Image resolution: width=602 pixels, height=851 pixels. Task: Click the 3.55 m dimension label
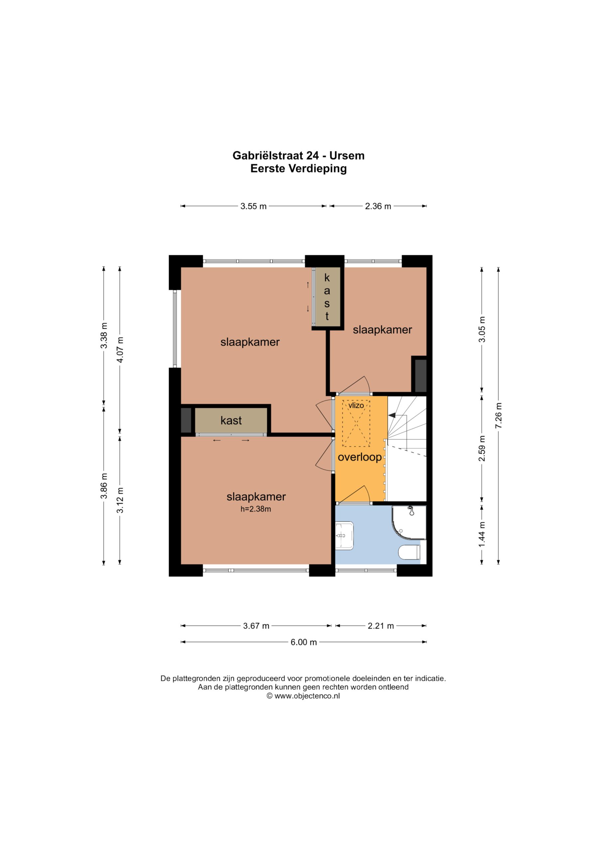tap(254, 206)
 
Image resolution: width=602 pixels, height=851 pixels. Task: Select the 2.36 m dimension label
tap(378, 206)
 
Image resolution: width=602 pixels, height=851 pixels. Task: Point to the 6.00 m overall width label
tap(303, 642)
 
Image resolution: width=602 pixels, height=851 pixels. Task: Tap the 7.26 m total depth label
tap(498, 416)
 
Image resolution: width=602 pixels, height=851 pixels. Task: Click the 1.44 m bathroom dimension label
tap(482, 534)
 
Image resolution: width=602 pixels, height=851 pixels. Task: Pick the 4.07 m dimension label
tap(120, 350)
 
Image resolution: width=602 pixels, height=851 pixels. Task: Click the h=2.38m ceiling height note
tap(256, 509)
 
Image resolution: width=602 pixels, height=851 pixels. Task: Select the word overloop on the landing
tap(360, 457)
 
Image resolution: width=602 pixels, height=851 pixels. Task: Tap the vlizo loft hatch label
tap(356, 405)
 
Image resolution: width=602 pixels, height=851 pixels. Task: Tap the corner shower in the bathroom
tap(409, 522)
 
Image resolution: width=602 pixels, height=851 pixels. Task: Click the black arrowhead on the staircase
tap(392, 416)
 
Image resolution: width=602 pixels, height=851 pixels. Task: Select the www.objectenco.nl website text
tap(307, 696)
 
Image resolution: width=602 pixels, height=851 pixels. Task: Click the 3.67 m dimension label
tap(256, 626)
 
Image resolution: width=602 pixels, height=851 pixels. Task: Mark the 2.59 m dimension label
tap(482, 448)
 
